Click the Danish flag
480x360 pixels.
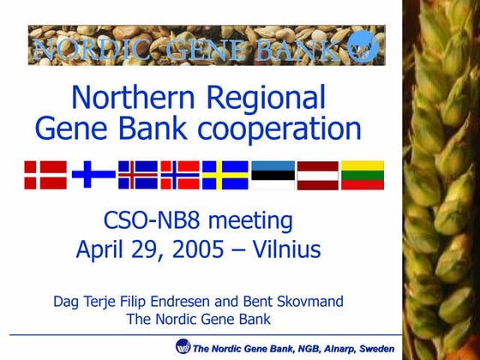(x=45, y=175)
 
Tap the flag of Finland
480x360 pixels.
(x=93, y=175)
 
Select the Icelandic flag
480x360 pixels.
(x=138, y=175)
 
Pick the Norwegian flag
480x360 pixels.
(x=180, y=175)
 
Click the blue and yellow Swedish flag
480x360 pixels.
(x=225, y=175)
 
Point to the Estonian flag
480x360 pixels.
(x=273, y=175)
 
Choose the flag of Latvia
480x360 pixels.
(x=318, y=175)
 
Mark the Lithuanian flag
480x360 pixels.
(x=363, y=175)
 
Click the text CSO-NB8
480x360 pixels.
(x=149, y=220)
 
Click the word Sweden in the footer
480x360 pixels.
(x=377, y=348)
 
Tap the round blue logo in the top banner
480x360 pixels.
(x=366, y=46)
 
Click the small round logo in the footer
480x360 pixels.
(x=183, y=346)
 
